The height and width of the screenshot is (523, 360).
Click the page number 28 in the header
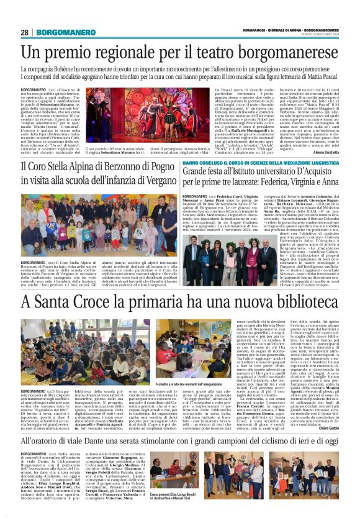[x=25, y=32]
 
